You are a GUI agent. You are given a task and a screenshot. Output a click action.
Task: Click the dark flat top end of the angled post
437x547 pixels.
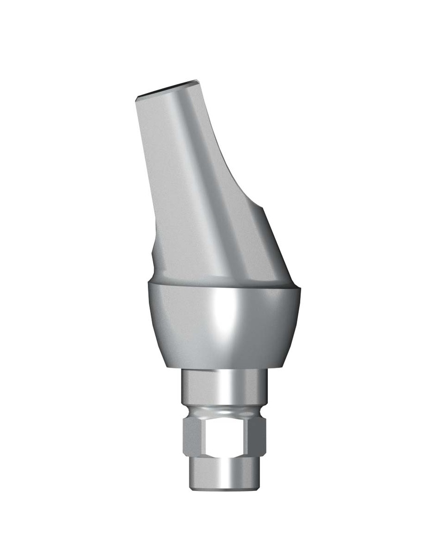[x=166, y=90]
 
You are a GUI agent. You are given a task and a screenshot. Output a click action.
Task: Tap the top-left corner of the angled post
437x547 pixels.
[x=137, y=97]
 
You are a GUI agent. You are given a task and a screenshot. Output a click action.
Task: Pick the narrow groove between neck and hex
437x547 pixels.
[x=224, y=413]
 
